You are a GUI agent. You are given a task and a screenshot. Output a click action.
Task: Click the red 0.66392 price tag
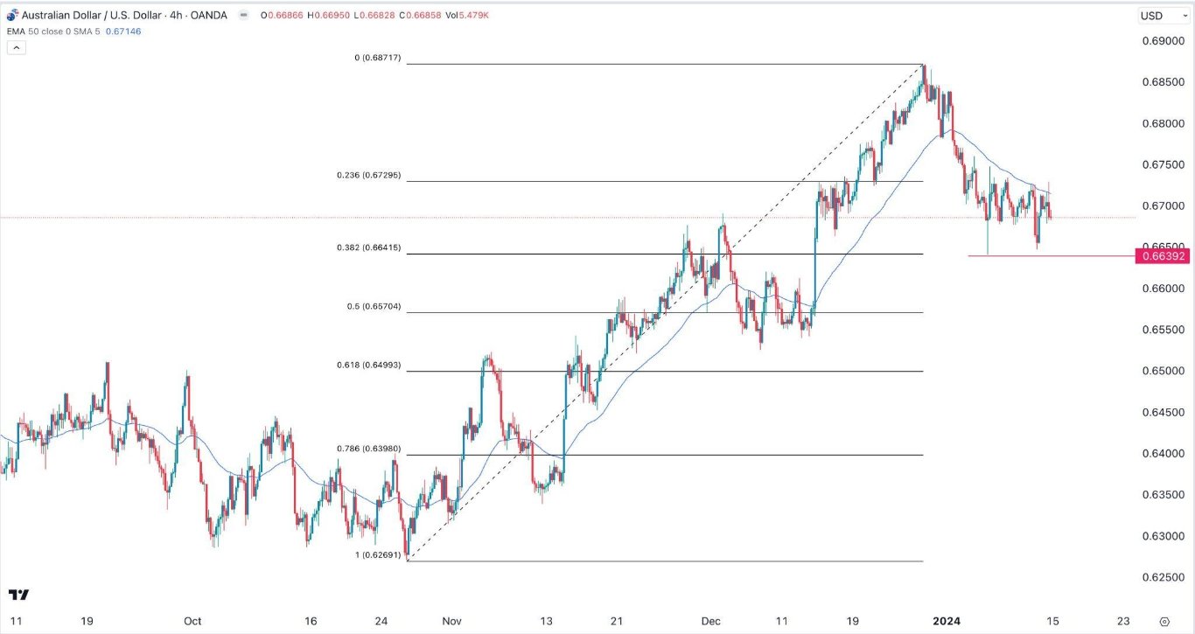[x=1161, y=256]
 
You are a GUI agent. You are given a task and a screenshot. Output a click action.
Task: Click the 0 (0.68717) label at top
[x=376, y=58]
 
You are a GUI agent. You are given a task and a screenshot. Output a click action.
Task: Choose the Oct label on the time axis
[x=192, y=621]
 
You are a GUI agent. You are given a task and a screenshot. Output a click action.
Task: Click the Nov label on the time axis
[x=452, y=621]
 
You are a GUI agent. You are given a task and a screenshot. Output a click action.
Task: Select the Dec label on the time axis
[x=711, y=621]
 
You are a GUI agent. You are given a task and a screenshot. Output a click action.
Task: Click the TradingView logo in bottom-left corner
[x=18, y=596]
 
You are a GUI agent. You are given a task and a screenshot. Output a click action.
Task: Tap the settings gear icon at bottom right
[x=1164, y=621]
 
